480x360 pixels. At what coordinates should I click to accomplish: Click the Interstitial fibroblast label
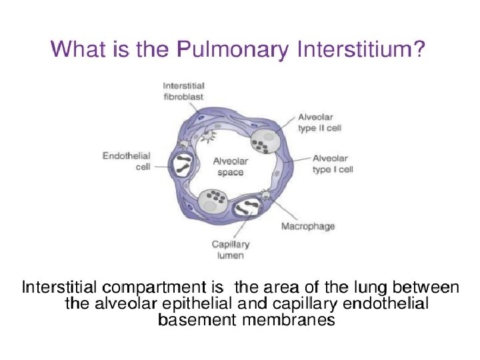183,90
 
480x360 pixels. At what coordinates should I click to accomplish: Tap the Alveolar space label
230,167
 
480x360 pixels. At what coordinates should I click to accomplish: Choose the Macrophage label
307,227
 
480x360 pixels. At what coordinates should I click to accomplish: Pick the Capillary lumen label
227,249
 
